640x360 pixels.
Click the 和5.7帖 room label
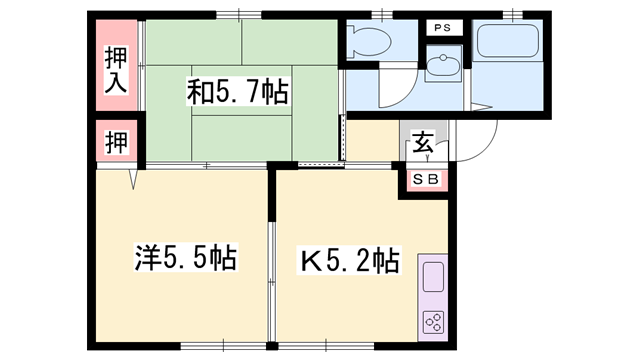(238, 92)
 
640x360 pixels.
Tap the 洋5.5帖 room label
(186, 257)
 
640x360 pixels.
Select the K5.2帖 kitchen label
(349, 260)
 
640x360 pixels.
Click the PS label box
(442, 28)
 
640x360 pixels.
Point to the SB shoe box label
(425, 179)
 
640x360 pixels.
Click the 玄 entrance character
(423, 142)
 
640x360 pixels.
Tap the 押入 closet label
(116, 70)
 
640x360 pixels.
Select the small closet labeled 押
(117, 142)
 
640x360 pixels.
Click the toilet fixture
(369, 41)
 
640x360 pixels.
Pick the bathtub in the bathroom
(508, 41)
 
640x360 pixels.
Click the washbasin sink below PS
(443, 64)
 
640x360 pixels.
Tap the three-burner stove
(433, 322)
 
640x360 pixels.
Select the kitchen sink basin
(433, 277)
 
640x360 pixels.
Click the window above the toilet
(382, 15)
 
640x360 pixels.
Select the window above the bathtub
(513, 15)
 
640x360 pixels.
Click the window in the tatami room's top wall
(238, 15)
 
